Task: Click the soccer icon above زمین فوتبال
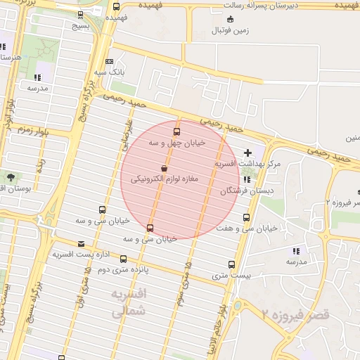tap(231, 19)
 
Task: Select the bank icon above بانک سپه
tap(109, 62)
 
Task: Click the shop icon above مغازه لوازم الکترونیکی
tap(164, 169)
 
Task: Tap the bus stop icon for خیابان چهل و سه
tap(176, 131)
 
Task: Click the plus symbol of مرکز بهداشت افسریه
tap(247, 153)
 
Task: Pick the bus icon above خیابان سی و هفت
tap(246, 217)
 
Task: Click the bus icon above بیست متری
tap(231, 265)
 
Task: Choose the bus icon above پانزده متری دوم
tap(124, 259)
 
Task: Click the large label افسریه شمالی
tap(128, 301)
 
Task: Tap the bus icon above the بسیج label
tap(80, 14)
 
